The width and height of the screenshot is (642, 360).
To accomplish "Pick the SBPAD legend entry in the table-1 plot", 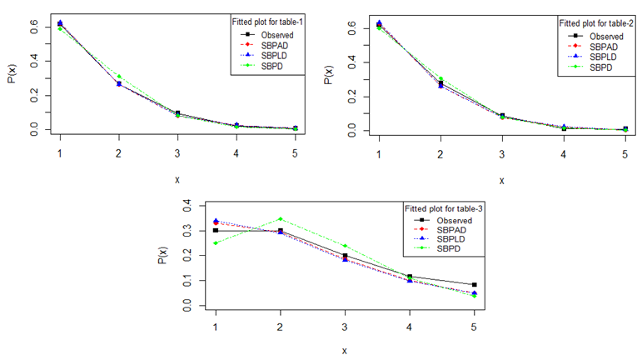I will tap(276, 45).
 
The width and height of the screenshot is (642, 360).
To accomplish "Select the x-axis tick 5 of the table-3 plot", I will tap(474, 326).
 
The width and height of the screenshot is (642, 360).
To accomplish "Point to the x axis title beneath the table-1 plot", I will tap(177, 179).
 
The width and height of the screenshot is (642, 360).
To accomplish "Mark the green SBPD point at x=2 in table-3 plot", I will tap(281, 219).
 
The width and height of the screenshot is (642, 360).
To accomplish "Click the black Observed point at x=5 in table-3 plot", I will tap(474, 285).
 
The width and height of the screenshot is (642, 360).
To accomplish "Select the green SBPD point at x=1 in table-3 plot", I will tap(216, 242).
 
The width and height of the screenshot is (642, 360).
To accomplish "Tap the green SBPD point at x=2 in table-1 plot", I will tap(119, 77).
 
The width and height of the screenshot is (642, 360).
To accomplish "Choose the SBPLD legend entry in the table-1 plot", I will tap(276, 55).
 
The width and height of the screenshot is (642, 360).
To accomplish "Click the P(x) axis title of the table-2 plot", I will tap(330, 72).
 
